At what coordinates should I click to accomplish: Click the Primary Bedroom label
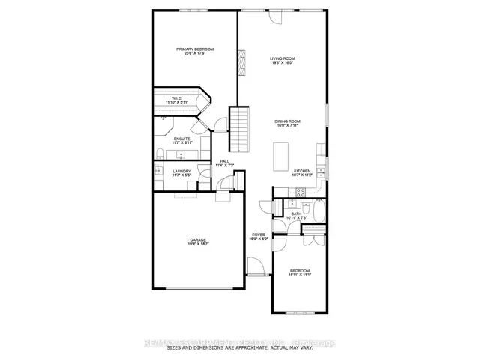191,49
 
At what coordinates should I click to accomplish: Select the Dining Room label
286,121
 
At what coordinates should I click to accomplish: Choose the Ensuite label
182,139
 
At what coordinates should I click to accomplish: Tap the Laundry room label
181,171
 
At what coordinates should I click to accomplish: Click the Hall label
224,162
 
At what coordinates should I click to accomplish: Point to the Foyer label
257,238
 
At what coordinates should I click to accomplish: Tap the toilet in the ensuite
160,154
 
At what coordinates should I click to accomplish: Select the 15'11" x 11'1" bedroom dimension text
300,275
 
